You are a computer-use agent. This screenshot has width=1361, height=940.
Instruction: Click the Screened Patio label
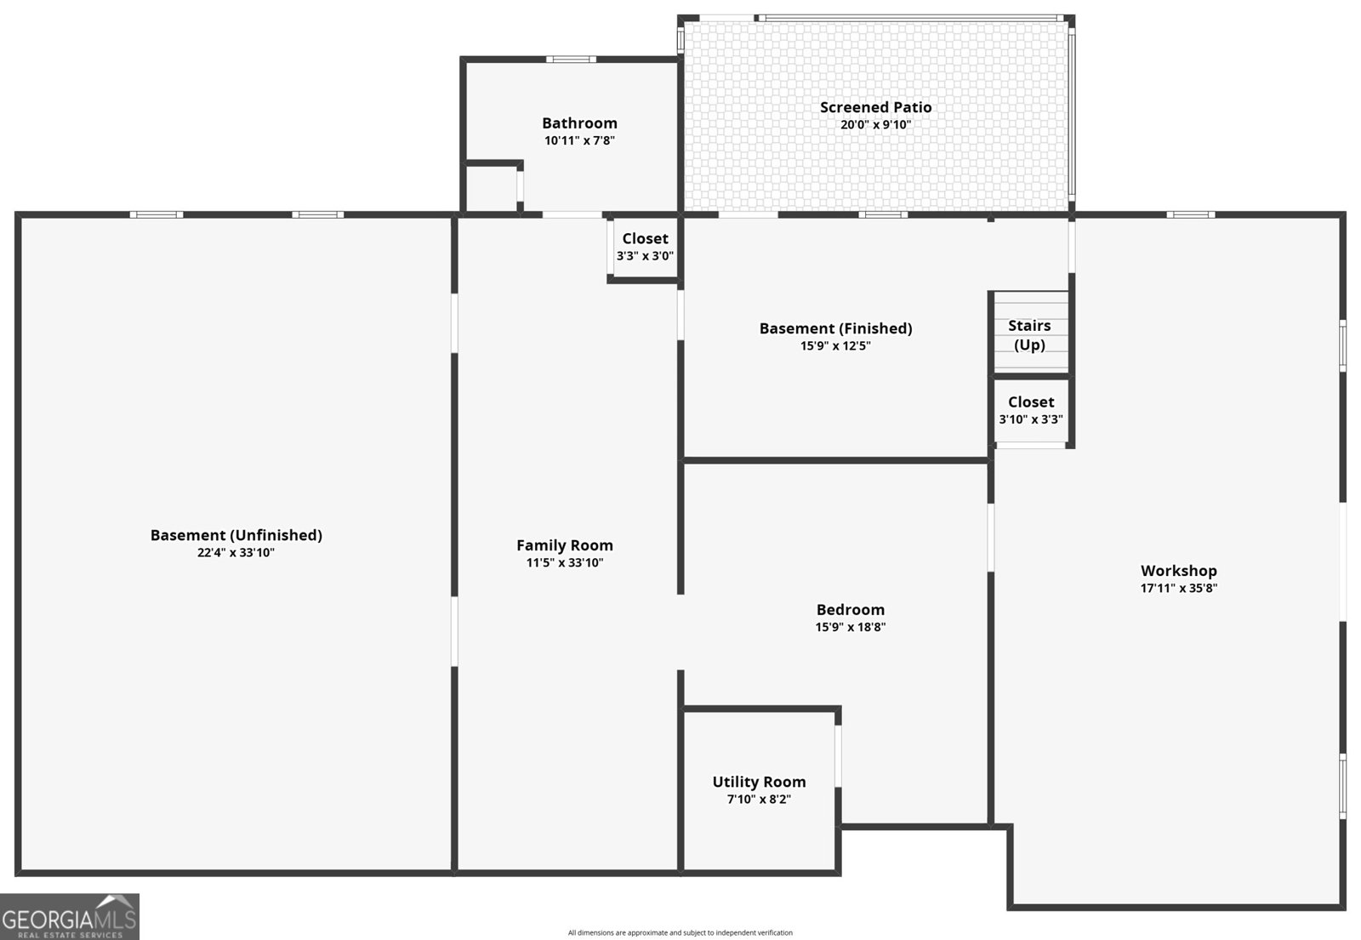tap(875, 107)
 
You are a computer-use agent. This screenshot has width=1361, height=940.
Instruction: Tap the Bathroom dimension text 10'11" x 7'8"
tap(579, 140)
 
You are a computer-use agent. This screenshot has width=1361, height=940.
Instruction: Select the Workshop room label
tap(1179, 571)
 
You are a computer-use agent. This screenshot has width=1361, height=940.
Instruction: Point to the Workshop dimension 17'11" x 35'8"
tap(1179, 588)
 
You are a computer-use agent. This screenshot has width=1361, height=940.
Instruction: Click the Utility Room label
tap(759, 782)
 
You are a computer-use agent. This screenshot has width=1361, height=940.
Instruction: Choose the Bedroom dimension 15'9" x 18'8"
tap(850, 626)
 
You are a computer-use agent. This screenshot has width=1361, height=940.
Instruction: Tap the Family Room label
tap(565, 545)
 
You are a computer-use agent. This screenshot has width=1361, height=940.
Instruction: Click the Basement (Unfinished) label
tap(236, 535)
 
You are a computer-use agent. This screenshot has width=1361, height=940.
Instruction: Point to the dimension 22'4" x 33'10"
tap(236, 552)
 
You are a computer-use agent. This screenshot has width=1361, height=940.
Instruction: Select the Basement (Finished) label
tap(835, 328)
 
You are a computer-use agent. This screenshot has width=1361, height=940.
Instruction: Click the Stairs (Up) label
tap(1029, 335)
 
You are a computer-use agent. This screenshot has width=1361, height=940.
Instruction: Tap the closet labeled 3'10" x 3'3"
tap(1030, 410)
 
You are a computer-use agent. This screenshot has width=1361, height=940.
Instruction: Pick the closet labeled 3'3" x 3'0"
tap(645, 247)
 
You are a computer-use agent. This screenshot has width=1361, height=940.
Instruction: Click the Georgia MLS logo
tap(70, 916)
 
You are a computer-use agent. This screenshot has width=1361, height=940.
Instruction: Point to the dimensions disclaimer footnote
tap(680, 932)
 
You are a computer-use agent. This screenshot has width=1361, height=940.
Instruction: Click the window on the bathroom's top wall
tap(571, 59)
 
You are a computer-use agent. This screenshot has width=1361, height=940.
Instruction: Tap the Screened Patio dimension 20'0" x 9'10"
tap(875, 124)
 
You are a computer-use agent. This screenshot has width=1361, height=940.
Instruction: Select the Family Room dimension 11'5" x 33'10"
tap(565, 562)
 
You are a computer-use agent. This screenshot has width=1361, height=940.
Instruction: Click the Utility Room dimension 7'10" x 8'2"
tap(759, 799)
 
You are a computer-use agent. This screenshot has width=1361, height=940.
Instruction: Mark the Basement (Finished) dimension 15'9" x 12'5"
tap(835, 345)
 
